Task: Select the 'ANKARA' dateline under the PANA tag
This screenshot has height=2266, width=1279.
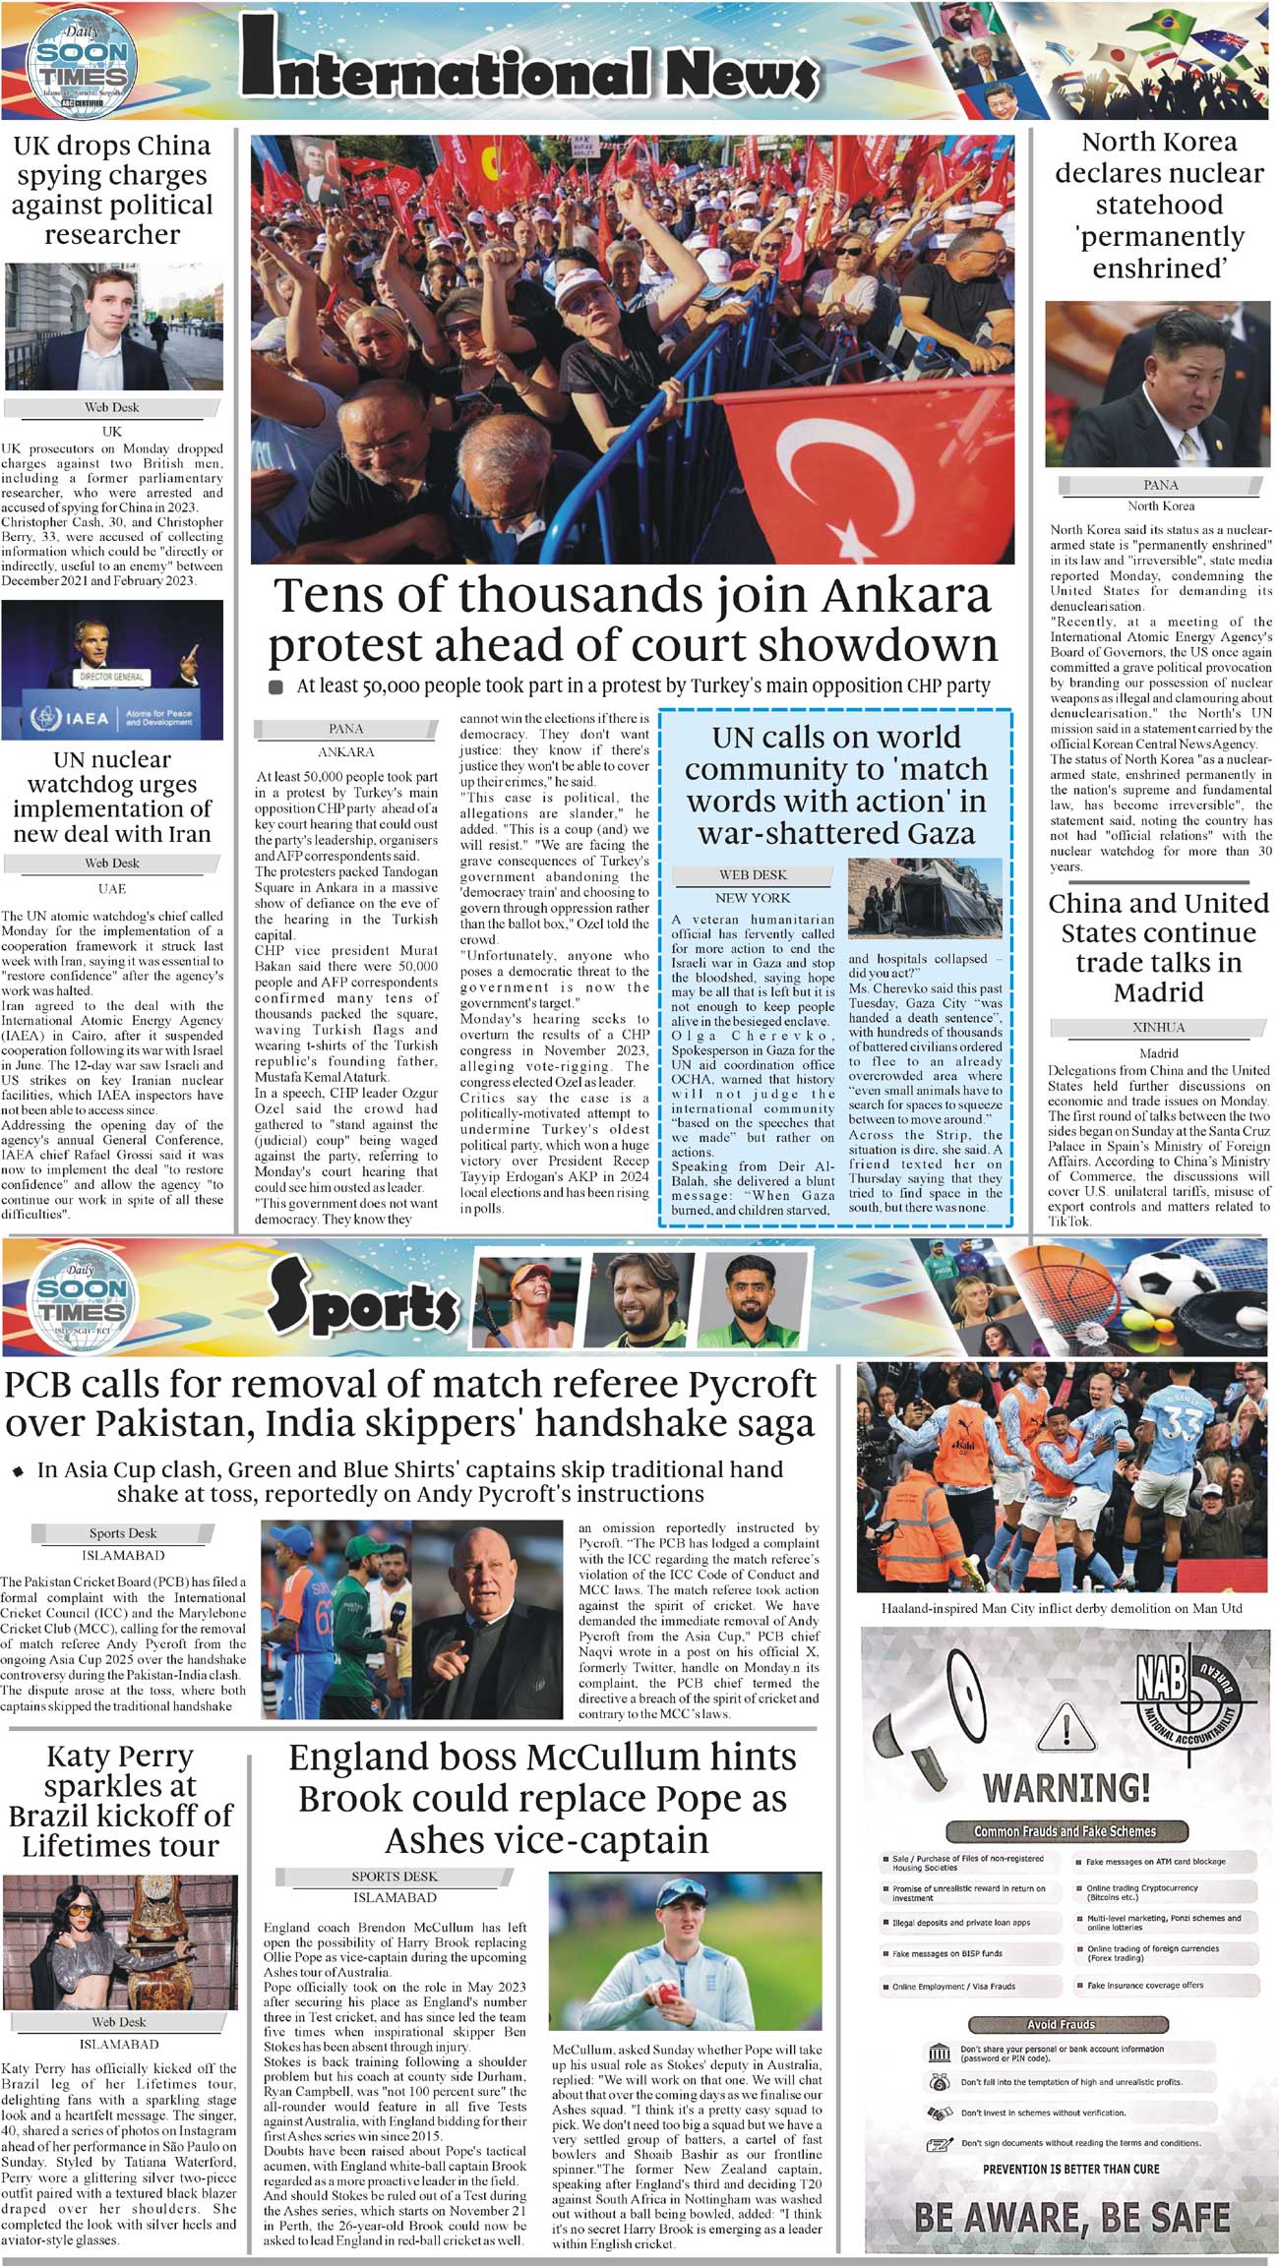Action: coord(346,751)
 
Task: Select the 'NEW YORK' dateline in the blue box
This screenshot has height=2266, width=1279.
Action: coord(753,897)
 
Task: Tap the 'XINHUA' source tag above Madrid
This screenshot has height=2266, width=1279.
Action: coord(1159,1027)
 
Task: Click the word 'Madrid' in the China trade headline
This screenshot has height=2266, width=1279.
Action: coord(1158,991)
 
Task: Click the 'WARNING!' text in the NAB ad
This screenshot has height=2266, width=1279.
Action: coord(1066,1787)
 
